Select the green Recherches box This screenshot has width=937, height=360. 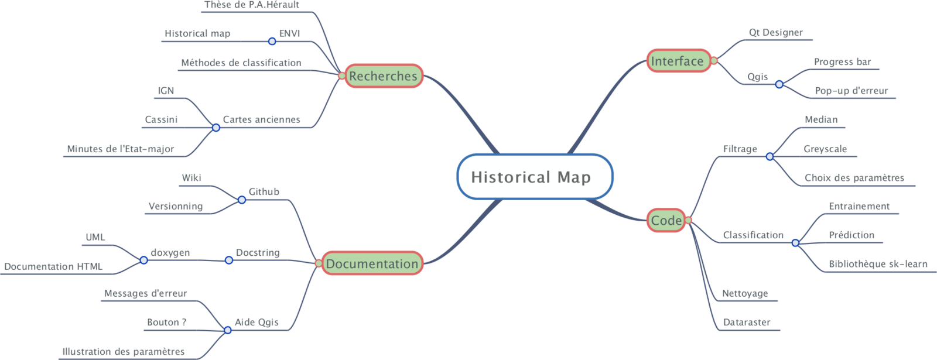coord(383,76)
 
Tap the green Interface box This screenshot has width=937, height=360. coord(678,61)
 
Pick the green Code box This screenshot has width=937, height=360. coord(666,221)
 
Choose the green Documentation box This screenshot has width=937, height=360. coord(372,264)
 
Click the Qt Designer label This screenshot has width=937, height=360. coord(775,33)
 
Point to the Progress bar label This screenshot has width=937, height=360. coord(842,62)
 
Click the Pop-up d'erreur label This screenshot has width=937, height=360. coord(851,91)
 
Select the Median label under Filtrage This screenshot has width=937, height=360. coord(821,119)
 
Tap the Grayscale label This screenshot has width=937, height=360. coord(825,149)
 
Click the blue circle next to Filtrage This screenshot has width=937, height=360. coord(770,156)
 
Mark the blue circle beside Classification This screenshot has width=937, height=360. coord(795,242)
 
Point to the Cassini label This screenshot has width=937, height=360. coord(161,119)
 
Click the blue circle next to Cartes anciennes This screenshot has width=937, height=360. coord(216,127)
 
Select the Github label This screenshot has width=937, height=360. coord(264,192)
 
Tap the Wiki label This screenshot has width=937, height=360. coord(191,178)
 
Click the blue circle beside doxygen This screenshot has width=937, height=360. coord(143,260)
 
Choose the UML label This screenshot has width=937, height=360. coord(95,237)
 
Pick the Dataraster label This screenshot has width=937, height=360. coord(746,323)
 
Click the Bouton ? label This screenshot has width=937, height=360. coord(166,323)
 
